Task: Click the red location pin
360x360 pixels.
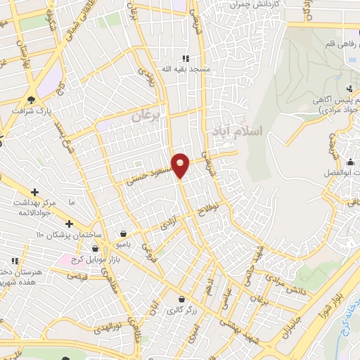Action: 181,165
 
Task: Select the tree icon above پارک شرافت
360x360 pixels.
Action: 31,98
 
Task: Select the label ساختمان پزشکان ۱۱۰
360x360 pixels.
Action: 71,233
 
